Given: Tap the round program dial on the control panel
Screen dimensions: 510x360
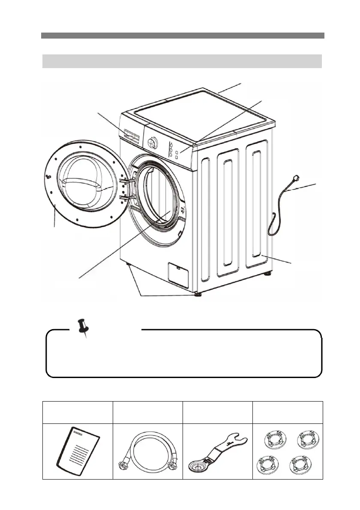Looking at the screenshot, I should (152, 142).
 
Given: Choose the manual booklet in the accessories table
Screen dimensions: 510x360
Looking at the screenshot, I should (78, 452).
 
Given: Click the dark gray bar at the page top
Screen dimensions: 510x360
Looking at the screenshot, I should (183, 36).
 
